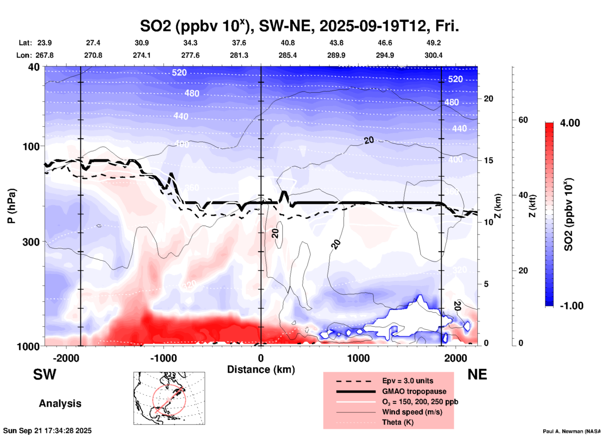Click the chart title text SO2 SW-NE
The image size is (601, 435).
coord(299,26)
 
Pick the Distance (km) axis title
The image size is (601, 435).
coord(261,369)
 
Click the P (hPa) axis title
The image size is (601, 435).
coord(12,206)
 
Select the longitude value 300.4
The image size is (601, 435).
coord(433,55)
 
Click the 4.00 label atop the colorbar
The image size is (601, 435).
coord(570,123)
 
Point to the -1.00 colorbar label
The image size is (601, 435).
coord(571,305)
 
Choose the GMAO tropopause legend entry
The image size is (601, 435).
coord(414,391)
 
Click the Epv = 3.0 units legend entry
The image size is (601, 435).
coord(408,381)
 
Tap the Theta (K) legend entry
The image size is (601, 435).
coord(398,422)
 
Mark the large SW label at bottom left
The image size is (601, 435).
coord(45,374)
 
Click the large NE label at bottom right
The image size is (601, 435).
coord(477,374)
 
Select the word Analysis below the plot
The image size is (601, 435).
coord(60,403)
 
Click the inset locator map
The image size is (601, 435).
coord(169,398)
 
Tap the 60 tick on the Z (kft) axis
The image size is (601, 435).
coord(523,120)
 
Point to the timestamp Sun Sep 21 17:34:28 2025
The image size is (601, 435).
coord(47,431)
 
